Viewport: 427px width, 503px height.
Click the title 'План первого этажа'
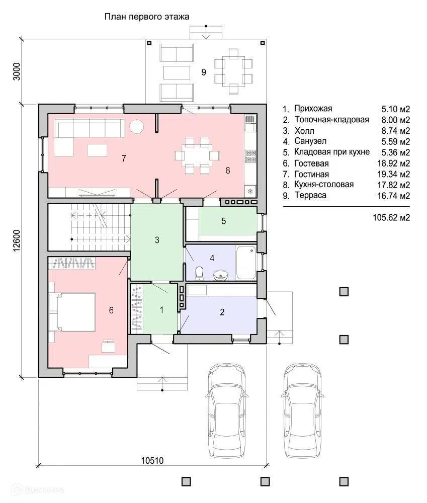tap(147, 17)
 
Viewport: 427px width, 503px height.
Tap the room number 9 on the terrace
tap(203, 72)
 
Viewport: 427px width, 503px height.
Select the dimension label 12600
tap(17, 241)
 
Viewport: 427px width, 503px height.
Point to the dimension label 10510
tap(152, 461)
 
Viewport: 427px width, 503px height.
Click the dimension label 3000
tap(17, 71)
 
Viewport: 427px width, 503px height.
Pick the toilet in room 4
tap(200, 273)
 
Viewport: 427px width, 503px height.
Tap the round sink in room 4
tap(220, 275)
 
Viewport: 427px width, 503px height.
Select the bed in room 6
tap(72, 311)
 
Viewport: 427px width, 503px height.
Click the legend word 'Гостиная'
tap(311, 174)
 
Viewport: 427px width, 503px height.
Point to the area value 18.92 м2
tap(394, 163)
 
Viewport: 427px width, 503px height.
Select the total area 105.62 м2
tap(391, 217)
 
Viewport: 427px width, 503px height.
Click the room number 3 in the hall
tap(157, 240)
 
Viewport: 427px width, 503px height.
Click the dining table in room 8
tap(197, 156)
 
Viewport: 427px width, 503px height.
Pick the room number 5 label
tap(224, 221)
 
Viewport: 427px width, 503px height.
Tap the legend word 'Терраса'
tap(310, 195)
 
